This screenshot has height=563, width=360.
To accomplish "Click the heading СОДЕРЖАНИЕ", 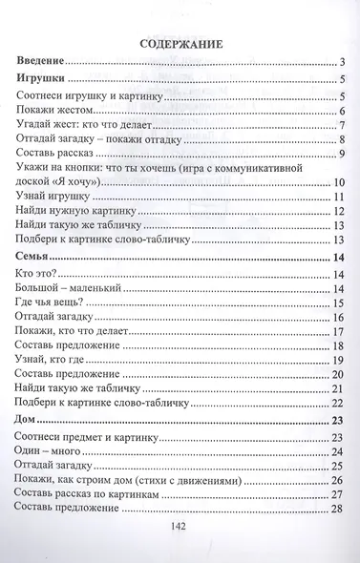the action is click(x=180, y=44).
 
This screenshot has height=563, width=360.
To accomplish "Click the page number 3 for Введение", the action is click(x=341, y=64).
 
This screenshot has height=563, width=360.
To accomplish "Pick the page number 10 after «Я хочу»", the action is click(x=338, y=182).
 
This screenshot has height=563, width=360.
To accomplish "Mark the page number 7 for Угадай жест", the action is click(x=341, y=129).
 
